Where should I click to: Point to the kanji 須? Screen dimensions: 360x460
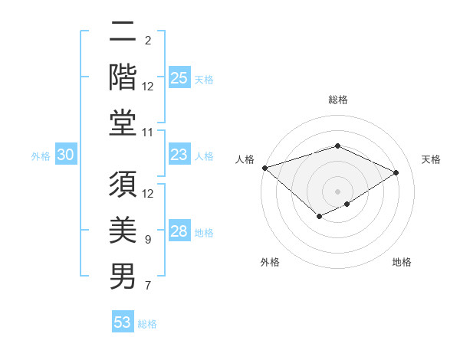tap(123, 183)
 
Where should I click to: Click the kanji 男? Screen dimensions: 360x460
tap(123, 276)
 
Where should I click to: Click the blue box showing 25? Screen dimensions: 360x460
tap(179, 78)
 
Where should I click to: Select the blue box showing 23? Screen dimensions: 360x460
tap(179, 155)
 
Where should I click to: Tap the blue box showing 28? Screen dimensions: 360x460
tap(179, 232)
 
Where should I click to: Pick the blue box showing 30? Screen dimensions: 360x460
tap(66, 155)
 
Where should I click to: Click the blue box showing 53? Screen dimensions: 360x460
tap(123, 322)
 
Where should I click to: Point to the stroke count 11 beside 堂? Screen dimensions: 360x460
tap(149, 133)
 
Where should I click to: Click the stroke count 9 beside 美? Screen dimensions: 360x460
tap(148, 241)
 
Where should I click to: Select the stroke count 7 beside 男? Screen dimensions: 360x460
tap(148, 286)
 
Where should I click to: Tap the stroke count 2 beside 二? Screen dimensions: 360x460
tap(148, 41)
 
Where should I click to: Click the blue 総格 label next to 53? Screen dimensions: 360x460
tap(148, 324)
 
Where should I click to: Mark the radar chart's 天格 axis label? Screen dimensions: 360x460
tap(432, 159)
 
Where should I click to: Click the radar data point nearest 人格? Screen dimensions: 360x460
tap(264, 168)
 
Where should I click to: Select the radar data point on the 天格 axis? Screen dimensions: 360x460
tap(396, 172)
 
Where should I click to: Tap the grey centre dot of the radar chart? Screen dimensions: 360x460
tap(337, 191)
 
